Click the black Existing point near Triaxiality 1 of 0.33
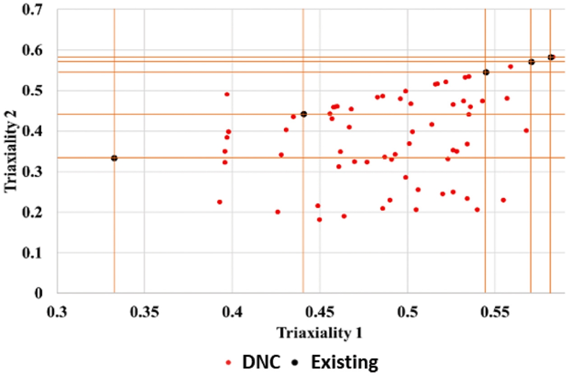pyautogui.click(x=114, y=158)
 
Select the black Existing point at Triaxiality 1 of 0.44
pyautogui.click(x=304, y=114)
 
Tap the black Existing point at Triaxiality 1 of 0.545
pyautogui.click(x=486, y=72)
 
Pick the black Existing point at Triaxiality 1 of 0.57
pyautogui.click(x=531, y=62)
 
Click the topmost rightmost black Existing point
pyautogui.click(x=551, y=57)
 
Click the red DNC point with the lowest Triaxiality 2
pyautogui.click(x=319, y=219)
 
